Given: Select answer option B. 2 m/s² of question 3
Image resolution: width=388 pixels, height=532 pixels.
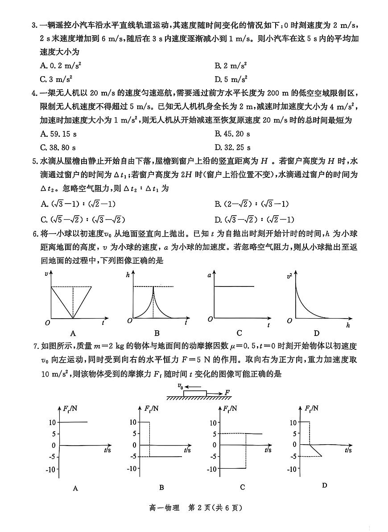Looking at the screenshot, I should coord(231,65).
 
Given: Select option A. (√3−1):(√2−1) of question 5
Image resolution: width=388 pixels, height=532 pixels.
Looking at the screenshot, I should coord(78,204).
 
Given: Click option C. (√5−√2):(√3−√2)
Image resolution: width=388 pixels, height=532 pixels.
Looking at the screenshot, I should coord(83,219).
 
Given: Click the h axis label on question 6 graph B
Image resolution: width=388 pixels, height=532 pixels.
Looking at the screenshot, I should coord(128,275).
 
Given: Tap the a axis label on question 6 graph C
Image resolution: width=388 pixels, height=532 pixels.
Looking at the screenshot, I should coord(209,275).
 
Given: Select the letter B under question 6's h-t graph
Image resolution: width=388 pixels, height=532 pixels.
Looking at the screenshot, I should coord(157,333).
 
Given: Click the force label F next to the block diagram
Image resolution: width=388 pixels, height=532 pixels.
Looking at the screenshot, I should coord(227,392).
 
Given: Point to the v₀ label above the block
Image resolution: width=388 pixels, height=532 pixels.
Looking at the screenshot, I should coord(180,386).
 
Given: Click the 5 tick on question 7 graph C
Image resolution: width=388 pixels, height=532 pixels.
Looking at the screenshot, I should coord(214,434).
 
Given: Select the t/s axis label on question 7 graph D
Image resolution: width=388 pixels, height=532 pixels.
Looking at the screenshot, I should coord(348,450).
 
